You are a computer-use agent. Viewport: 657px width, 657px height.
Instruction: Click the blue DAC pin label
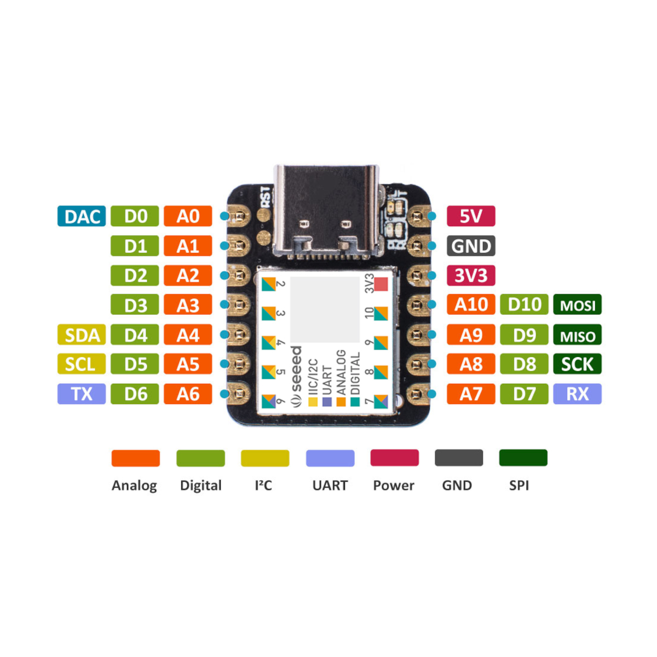82,216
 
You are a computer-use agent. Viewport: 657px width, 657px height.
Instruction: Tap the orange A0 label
188,216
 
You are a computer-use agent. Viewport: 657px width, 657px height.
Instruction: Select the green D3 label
135,305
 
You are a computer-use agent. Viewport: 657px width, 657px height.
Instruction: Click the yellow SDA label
82,335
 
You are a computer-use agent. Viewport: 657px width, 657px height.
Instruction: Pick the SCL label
82,364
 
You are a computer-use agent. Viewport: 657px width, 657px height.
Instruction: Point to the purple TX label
82,394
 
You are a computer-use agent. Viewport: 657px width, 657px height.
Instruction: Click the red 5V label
471,216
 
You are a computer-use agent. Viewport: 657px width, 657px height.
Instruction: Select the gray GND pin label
471,246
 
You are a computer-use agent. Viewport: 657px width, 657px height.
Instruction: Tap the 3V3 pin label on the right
471,275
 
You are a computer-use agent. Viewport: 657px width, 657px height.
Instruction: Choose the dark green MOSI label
577,305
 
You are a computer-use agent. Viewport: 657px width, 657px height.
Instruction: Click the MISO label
577,335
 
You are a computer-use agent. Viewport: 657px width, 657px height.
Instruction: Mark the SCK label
577,364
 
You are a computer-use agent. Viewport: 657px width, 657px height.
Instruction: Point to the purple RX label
577,394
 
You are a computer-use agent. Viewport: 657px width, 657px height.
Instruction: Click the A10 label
471,305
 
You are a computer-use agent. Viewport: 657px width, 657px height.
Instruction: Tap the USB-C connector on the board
327,211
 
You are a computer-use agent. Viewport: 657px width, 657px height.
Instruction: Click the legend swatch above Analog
135,458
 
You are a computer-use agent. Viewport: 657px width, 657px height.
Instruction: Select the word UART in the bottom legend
330,486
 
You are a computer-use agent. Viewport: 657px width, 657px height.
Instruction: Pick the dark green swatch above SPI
523,458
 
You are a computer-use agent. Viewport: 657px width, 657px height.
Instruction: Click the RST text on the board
265,197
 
